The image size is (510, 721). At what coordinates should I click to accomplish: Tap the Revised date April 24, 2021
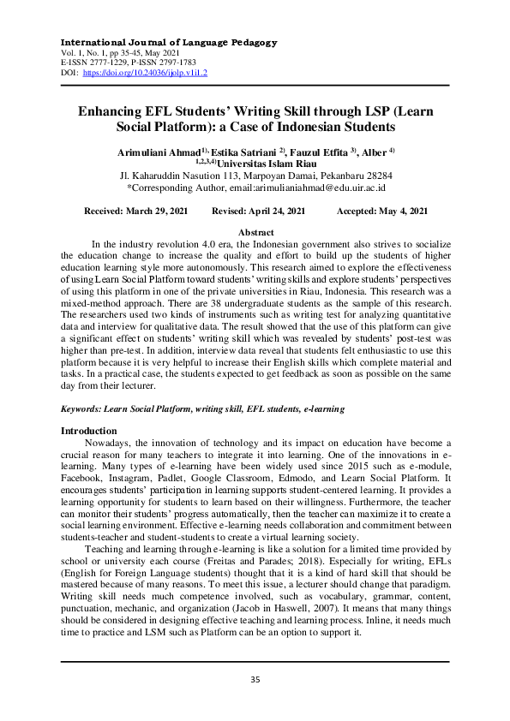pos(273,211)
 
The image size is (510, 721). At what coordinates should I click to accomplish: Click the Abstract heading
pos(255,233)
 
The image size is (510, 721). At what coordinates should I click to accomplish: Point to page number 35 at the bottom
pos(255,680)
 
